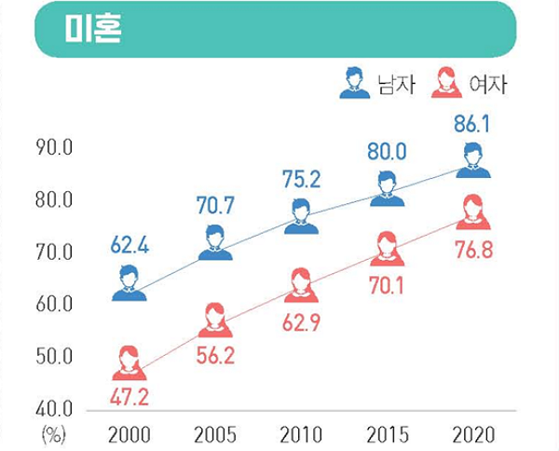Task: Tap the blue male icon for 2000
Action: [x=130, y=283]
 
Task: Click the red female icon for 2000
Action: [x=130, y=362]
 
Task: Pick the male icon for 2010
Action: [x=301, y=216]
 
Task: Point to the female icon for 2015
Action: [x=387, y=249]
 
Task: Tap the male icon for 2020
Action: [x=473, y=161]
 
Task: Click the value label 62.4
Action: [x=130, y=247]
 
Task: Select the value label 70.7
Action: [x=215, y=204]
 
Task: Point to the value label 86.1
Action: [x=473, y=122]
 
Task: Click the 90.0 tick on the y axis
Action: [x=56, y=148]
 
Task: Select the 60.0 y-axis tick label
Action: [x=56, y=305]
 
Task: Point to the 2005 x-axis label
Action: [x=215, y=434]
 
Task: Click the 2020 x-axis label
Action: [x=473, y=434]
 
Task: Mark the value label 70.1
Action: [x=387, y=287]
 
